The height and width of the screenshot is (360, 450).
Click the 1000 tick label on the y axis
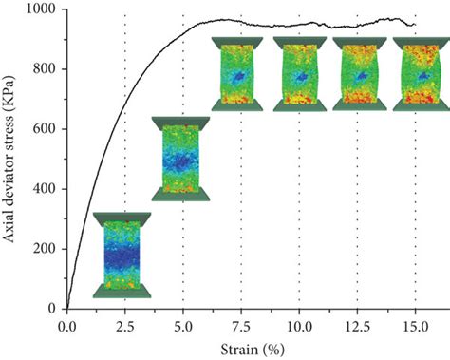pos(41,9)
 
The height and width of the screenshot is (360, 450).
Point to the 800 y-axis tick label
pos(45,69)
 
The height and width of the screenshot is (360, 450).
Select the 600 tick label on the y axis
pos(45,129)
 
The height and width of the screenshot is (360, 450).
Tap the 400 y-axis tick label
pos(45,189)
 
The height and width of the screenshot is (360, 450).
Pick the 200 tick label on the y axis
pos(45,249)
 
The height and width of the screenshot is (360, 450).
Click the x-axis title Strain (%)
pos(240,348)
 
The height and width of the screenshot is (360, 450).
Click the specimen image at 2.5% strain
pos(122,255)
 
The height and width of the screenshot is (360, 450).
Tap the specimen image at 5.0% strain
pos(181,159)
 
